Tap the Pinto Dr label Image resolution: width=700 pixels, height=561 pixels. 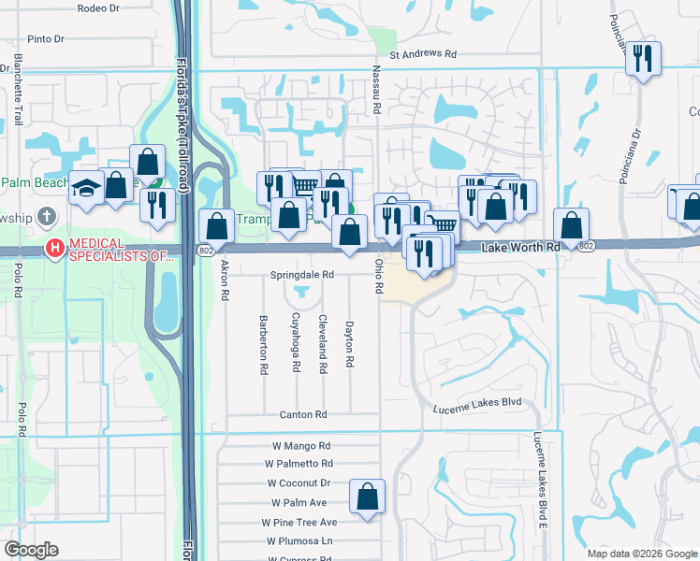tap(45, 39)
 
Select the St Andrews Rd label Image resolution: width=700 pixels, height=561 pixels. tap(422, 54)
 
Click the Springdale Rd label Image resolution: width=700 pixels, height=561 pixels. tap(302, 276)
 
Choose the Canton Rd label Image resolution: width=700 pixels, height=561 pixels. tap(302, 414)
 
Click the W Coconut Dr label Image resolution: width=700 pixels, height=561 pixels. tap(299, 482)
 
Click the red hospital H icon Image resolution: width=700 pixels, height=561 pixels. tap(55, 249)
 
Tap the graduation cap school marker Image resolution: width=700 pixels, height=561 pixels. tap(86, 188)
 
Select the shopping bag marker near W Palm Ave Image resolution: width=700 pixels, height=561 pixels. tap(368, 496)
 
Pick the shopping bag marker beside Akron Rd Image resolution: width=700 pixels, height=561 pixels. tap(217, 225)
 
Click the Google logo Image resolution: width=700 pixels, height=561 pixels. tap(32, 550)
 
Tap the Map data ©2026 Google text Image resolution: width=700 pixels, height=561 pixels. tap(641, 554)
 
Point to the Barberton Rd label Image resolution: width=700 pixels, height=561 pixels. tap(265, 344)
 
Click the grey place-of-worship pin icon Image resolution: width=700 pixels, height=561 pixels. tap(48, 218)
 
